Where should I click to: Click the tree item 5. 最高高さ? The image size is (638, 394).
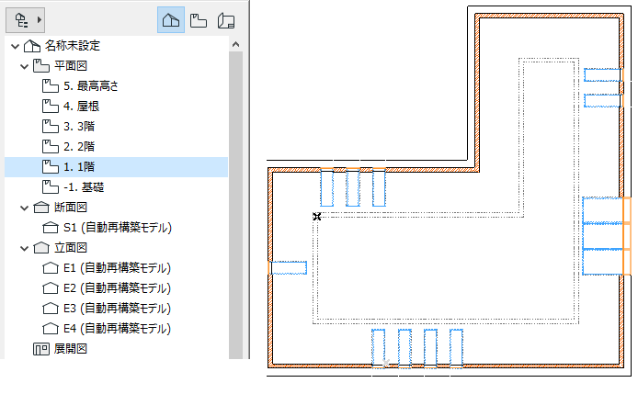92,85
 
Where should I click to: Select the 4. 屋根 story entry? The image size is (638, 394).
82,106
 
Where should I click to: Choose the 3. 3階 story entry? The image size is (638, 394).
82,126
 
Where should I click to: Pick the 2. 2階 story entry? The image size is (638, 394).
82,146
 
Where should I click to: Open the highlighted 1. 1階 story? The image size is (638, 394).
82,166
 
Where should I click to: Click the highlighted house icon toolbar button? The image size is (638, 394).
170,19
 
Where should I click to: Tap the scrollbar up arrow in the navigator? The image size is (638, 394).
234,44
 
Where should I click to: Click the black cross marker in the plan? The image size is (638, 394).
316,216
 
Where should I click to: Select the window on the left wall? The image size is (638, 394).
287,267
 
